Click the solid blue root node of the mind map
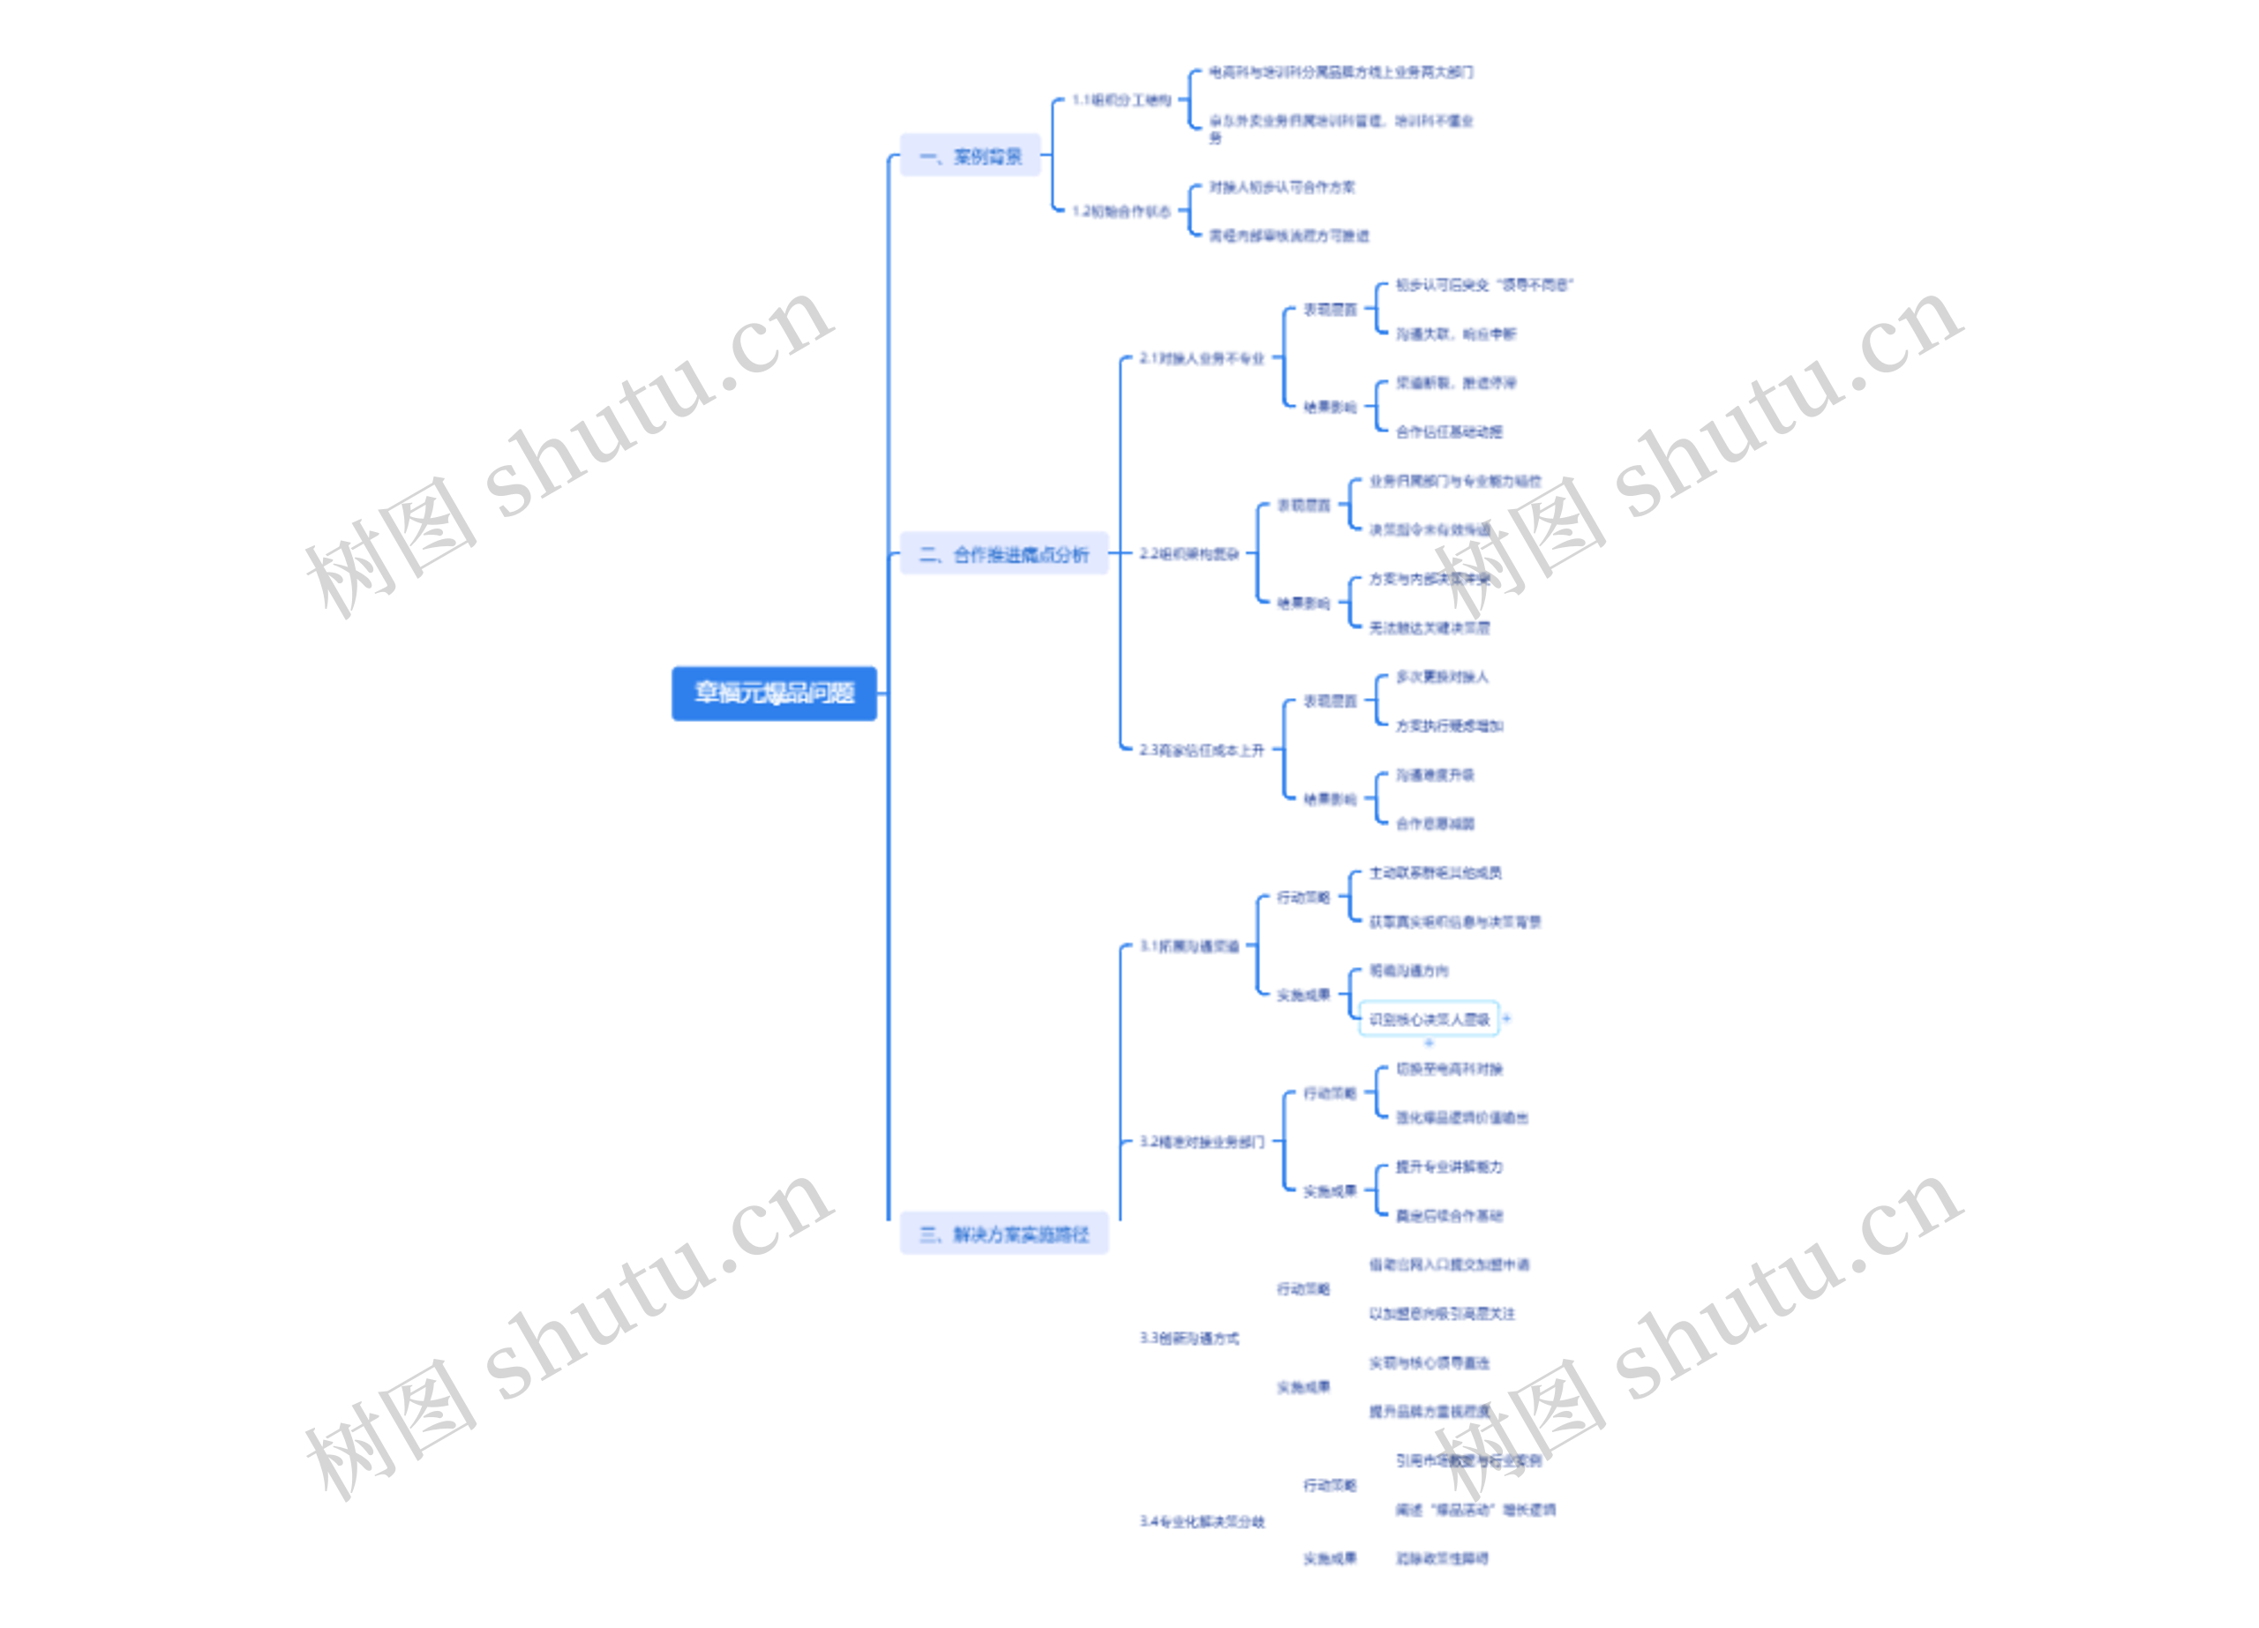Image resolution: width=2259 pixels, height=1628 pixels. click(774, 693)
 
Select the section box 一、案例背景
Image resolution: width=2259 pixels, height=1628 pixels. click(969, 156)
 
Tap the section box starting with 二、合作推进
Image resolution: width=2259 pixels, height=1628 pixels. click(1003, 553)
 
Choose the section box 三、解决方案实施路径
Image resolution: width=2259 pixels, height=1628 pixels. click(1003, 1234)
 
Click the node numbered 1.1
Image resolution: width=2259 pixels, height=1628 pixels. click(1122, 101)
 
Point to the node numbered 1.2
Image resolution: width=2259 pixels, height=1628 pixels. click(1122, 211)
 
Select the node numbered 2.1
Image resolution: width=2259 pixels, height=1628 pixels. click(1201, 358)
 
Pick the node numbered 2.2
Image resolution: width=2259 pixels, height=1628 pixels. click(1190, 553)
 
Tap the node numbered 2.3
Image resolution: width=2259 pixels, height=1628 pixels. click(1201, 750)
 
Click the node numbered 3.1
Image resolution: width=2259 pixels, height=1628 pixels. click(1190, 946)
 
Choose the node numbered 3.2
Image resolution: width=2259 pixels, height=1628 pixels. click(1201, 1141)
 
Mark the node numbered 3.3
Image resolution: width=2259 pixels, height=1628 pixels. click(1190, 1337)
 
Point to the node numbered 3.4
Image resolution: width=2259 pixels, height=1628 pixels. click(1201, 1521)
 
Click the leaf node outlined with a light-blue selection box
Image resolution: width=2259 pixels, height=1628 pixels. click(1429, 1018)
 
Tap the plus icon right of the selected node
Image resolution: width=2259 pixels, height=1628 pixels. click(1507, 1018)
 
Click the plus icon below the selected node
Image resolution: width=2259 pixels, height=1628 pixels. click(1429, 1042)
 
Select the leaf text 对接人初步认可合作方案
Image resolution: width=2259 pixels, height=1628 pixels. click(1281, 187)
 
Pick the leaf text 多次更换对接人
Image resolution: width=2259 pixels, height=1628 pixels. click(1441, 677)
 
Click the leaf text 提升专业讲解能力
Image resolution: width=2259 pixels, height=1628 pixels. click(1448, 1166)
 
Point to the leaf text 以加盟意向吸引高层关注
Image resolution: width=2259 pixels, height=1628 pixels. click(1441, 1313)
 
